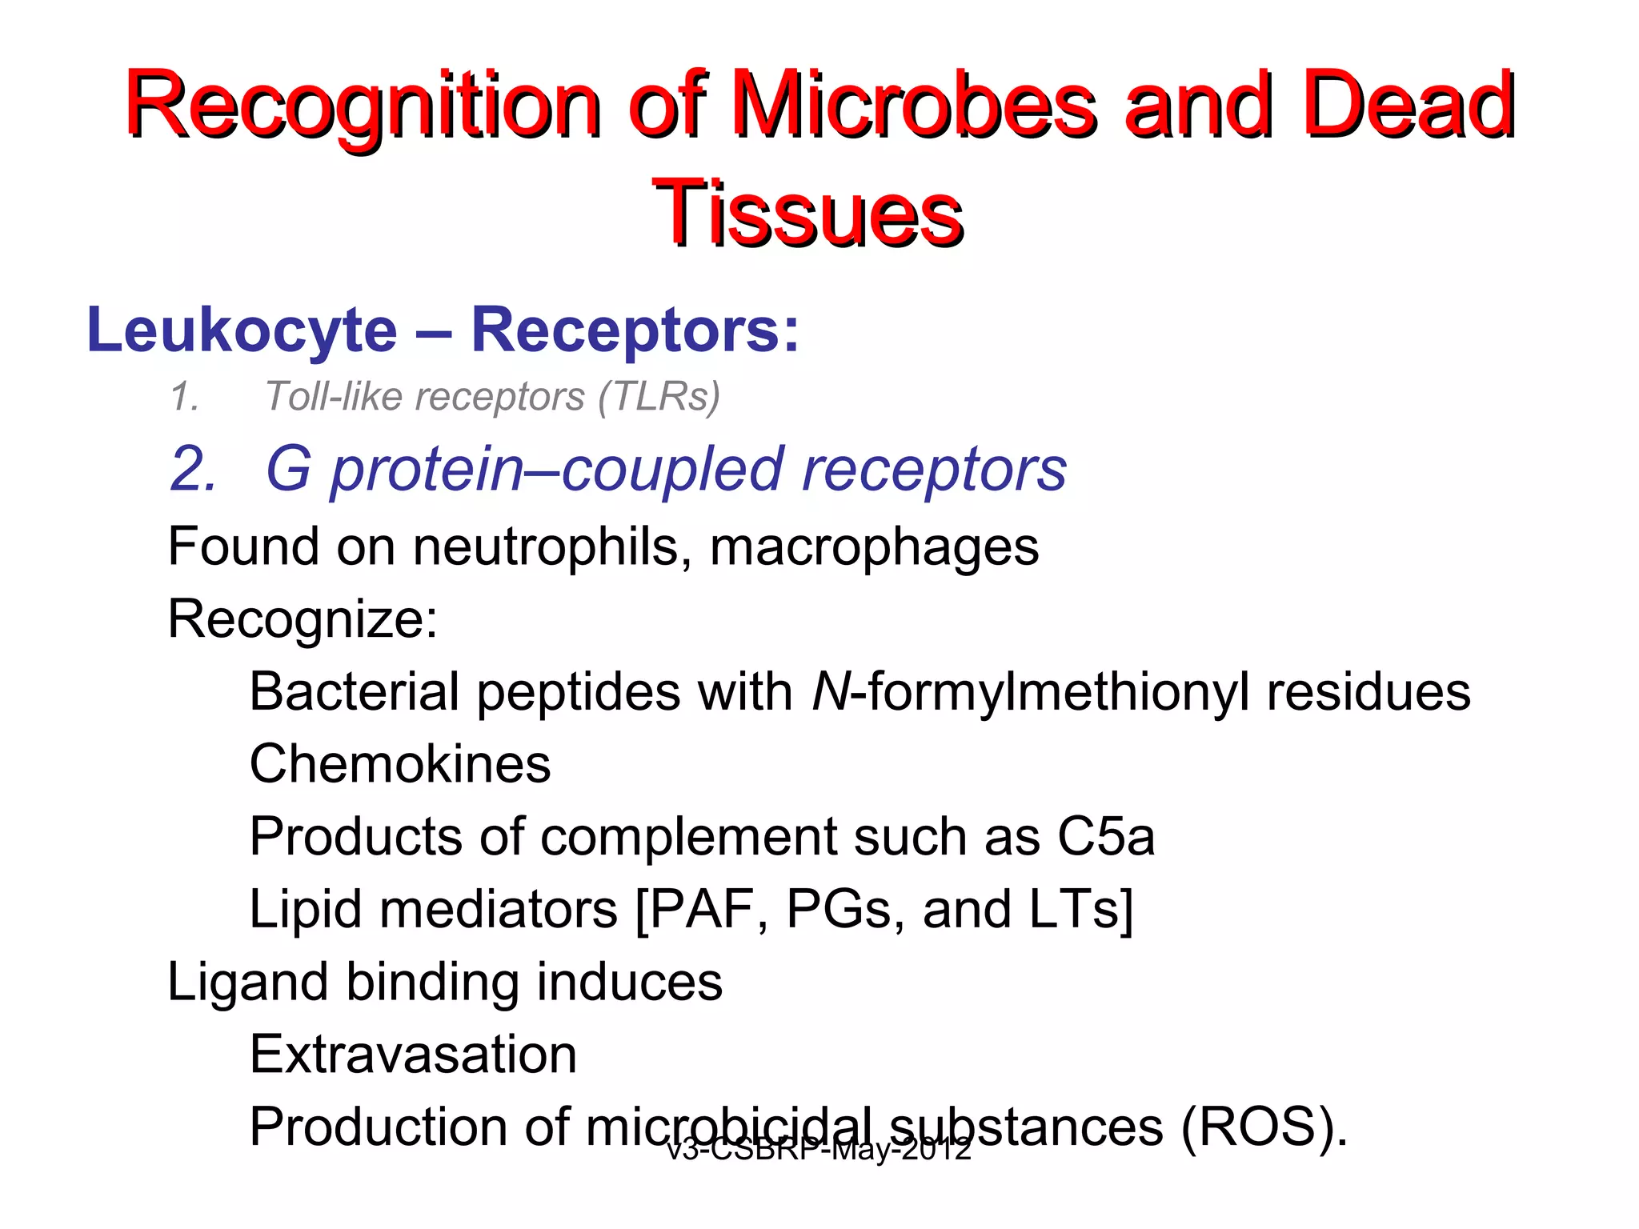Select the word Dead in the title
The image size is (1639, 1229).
pos(1408,105)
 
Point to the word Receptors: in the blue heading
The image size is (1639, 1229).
pos(635,330)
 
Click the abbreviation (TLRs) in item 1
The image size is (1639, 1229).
pos(659,396)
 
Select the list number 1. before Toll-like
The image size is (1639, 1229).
pos(185,397)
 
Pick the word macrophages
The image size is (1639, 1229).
pos(874,547)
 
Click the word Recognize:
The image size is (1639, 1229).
pos(303,619)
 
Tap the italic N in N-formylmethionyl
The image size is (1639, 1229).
pos(830,691)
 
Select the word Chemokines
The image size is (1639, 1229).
pos(400,763)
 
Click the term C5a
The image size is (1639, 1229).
pos(1106,836)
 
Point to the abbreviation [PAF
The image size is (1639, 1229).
pos(694,909)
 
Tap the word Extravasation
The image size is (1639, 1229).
pos(413,1055)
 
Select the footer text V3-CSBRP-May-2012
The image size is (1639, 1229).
pos(819,1150)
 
